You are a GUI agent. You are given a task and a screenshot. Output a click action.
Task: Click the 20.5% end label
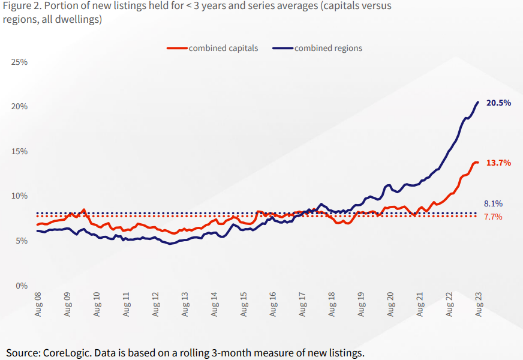coord(498,103)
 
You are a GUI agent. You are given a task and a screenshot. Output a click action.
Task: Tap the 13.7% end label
coord(498,163)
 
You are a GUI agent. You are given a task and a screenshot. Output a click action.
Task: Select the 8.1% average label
coord(493,203)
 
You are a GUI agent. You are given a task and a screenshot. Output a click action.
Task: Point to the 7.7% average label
coord(493,217)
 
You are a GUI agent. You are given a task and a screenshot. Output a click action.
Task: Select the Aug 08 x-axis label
coord(38,304)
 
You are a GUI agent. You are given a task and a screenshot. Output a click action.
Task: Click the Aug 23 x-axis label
coord(478,304)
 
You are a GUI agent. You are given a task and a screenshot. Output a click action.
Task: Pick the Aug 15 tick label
coord(244,304)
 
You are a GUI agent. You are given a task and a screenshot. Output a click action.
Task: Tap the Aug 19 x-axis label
coord(361,304)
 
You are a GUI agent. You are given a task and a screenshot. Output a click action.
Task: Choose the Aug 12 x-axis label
coord(156,304)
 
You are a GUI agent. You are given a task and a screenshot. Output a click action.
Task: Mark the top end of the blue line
coord(478,102)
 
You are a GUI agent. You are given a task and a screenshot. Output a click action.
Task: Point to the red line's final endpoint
coord(478,163)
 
